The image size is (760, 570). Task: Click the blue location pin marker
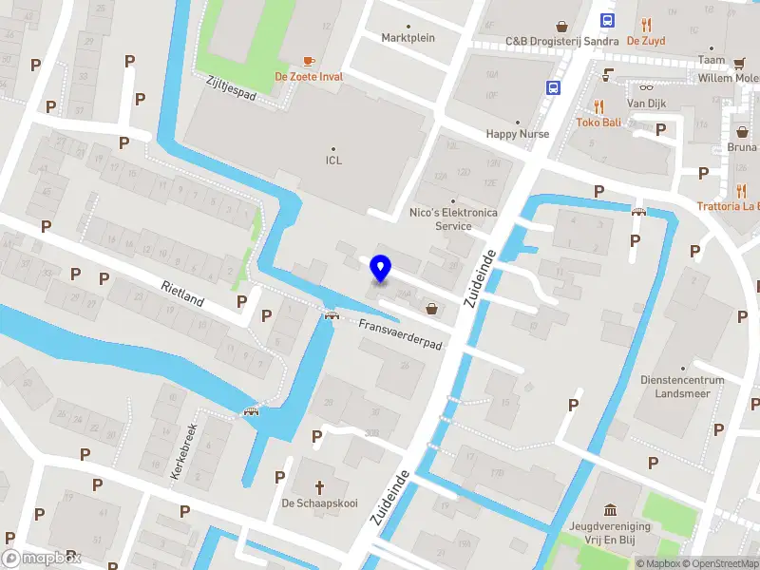(x=380, y=268)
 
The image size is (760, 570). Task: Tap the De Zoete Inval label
(x=309, y=76)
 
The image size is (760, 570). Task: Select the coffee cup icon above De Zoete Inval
(x=309, y=60)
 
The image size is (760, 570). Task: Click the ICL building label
(x=333, y=160)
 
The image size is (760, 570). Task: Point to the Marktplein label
(x=408, y=38)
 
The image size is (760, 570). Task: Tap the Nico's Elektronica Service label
(x=453, y=219)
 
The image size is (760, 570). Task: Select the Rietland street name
(x=182, y=294)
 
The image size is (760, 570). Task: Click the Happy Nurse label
(x=518, y=134)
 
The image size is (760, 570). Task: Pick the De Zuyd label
(x=646, y=41)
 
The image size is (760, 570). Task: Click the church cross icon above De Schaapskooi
(x=319, y=486)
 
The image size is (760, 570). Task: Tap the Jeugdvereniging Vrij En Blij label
(x=609, y=532)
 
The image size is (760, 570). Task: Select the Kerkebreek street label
(x=182, y=450)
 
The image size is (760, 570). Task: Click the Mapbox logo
(x=42, y=559)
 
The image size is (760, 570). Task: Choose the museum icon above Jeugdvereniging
(x=608, y=509)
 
